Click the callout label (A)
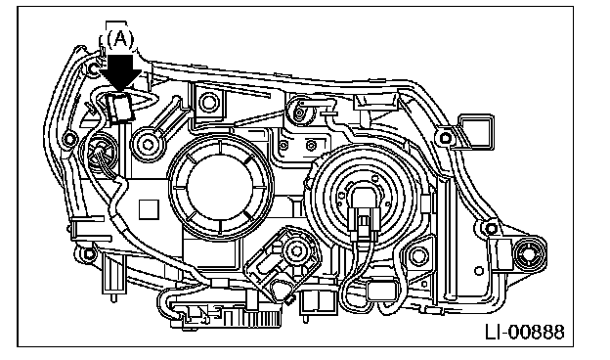point(120,39)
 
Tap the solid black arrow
point(121,73)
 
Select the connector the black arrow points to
point(119,107)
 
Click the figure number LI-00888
point(525,333)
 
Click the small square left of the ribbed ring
point(149,209)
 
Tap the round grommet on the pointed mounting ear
point(530,254)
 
